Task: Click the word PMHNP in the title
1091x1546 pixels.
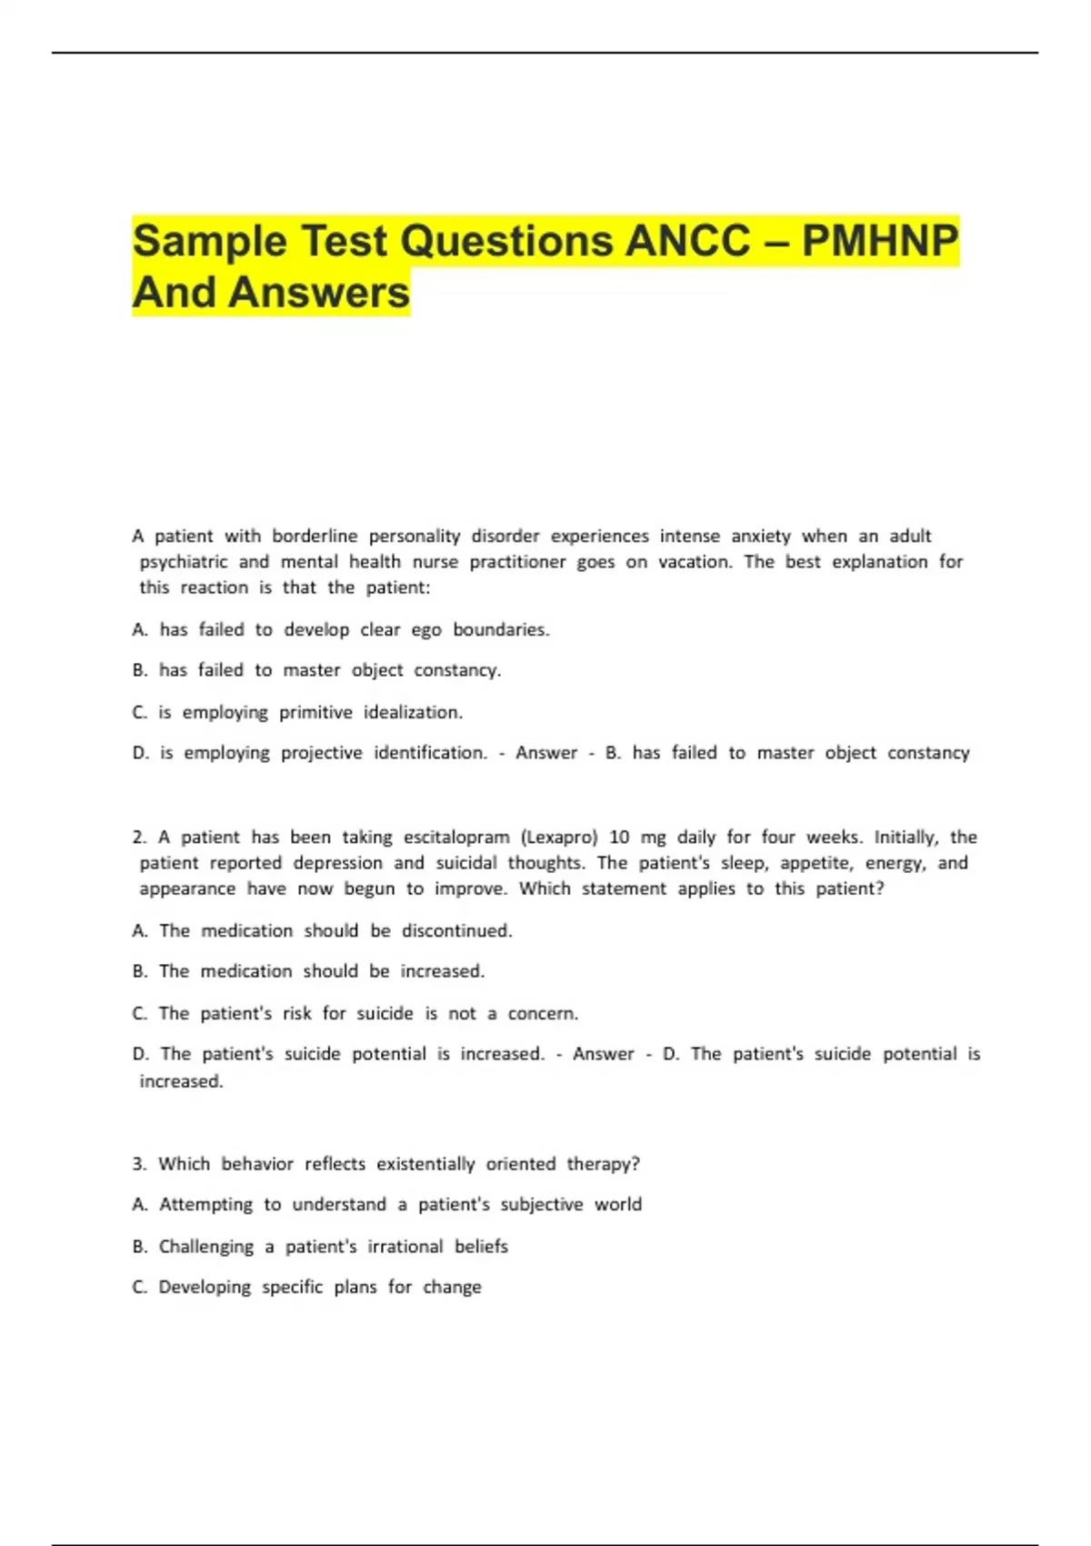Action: coord(879,241)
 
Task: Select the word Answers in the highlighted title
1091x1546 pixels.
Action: coord(319,293)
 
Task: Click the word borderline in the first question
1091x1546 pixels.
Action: coord(315,536)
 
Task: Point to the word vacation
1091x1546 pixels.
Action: coord(695,561)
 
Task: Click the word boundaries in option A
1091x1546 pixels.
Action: coord(501,629)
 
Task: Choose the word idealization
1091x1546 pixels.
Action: coord(413,712)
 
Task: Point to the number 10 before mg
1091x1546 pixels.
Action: coord(619,837)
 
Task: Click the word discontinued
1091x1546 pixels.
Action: coord(456,930)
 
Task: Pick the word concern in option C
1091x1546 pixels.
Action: coord(542,1013)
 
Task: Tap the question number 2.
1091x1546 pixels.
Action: coord(138,837)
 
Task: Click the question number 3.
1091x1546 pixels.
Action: coord(138,1164)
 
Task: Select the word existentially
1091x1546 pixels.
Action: coord(425,1164)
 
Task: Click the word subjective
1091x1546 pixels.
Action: coord(542,1204)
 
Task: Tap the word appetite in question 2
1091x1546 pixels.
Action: coord(816,862)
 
